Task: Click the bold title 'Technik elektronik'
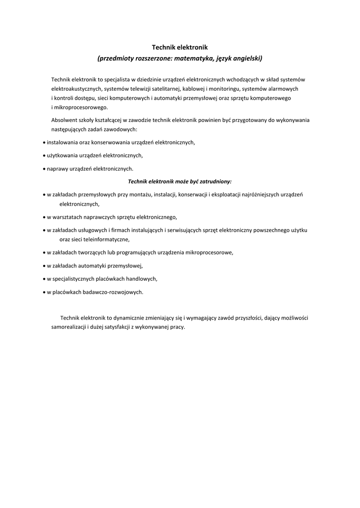179,47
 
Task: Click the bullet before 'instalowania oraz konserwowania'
44,143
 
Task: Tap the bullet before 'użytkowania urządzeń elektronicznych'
44,156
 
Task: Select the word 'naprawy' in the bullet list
57,169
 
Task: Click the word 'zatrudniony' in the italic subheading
216,182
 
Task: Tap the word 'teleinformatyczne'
106,240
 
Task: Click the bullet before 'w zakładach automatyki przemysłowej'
44,266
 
